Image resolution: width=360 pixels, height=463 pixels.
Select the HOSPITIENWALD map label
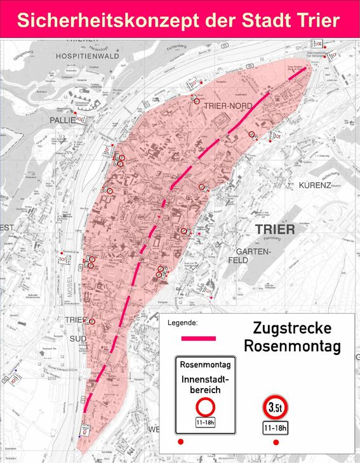(87, 56)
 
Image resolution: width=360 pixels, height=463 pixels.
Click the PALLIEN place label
(62, 119)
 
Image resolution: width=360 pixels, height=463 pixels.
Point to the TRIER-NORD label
(228, 105)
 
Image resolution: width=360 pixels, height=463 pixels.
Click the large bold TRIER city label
(274, 229)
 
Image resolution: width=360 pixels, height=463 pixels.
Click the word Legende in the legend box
(182, 323)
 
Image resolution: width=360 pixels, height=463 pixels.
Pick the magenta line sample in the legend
(199, 339)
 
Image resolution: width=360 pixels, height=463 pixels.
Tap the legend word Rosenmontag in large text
(292, 347)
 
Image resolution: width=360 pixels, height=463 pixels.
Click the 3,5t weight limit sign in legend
(276, 407)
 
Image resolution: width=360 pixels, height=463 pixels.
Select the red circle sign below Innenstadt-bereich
(206, 406)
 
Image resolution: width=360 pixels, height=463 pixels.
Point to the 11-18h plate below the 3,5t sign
(276, 429)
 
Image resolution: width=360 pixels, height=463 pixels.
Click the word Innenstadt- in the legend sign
(205, 379)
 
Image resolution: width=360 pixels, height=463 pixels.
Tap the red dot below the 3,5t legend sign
(276, 442)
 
